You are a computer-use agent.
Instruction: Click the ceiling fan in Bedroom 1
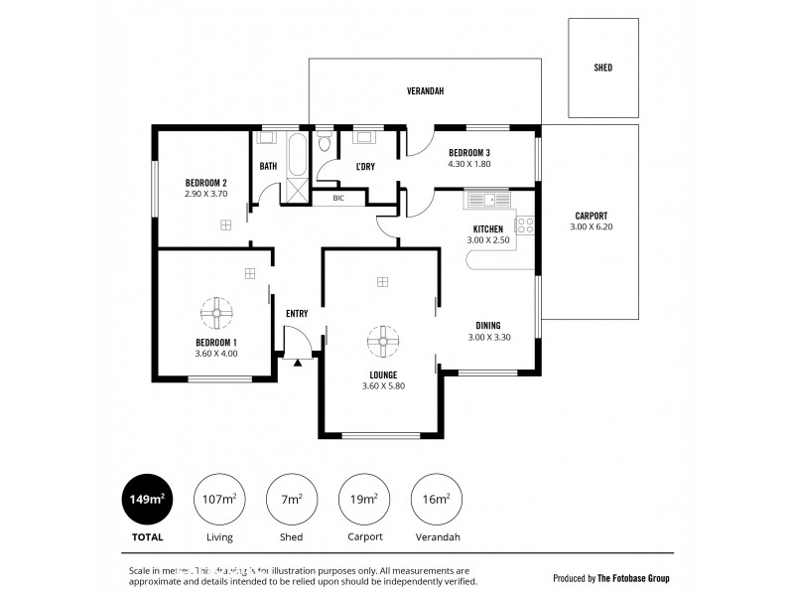[x=216, y=315]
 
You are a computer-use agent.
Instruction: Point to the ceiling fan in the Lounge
[x=382, y=343]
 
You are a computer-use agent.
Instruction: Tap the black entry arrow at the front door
[x=297, y=364]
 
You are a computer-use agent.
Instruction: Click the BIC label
[x=338, y=198]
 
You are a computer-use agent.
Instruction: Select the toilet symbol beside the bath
[x=325, y=144]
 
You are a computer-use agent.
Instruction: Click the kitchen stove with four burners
[x=525, y=224]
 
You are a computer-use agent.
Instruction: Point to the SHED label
[x=602, y=69]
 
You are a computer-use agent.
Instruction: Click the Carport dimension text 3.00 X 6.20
[x=591, y=227]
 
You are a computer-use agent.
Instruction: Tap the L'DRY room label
[x=364, y=166]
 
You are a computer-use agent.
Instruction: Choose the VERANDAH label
[x=425, y=91]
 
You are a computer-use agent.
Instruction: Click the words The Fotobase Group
[x=635, y=577]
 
